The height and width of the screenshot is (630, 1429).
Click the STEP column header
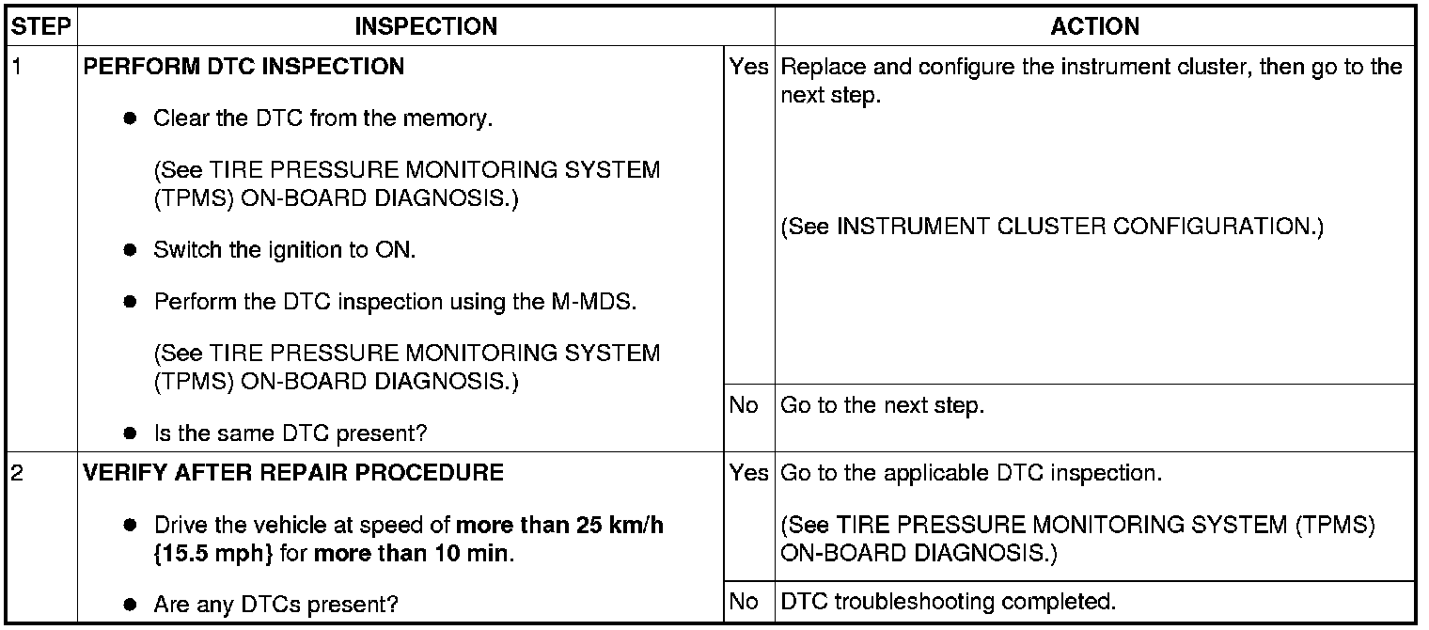[x=41, y=26]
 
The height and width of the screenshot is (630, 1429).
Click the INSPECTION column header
[x=426, y=26]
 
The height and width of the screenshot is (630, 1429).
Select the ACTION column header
[x=1094, y=26]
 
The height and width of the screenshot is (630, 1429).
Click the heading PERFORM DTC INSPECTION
[x=244, y=68]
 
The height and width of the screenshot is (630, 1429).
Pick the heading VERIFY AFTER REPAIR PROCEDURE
[x=293, y=473]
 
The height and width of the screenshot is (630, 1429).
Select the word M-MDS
[x=589, y=303]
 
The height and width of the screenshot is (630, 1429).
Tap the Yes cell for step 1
[x=748, y=68]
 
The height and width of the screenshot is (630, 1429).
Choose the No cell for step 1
[x=743, y=406]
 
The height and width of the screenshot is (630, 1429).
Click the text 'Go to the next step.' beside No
[x=882, y=406]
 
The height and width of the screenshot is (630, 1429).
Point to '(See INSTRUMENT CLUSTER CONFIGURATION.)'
[x=1052, y=228]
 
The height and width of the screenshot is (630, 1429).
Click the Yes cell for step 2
[x=748, y=473]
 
